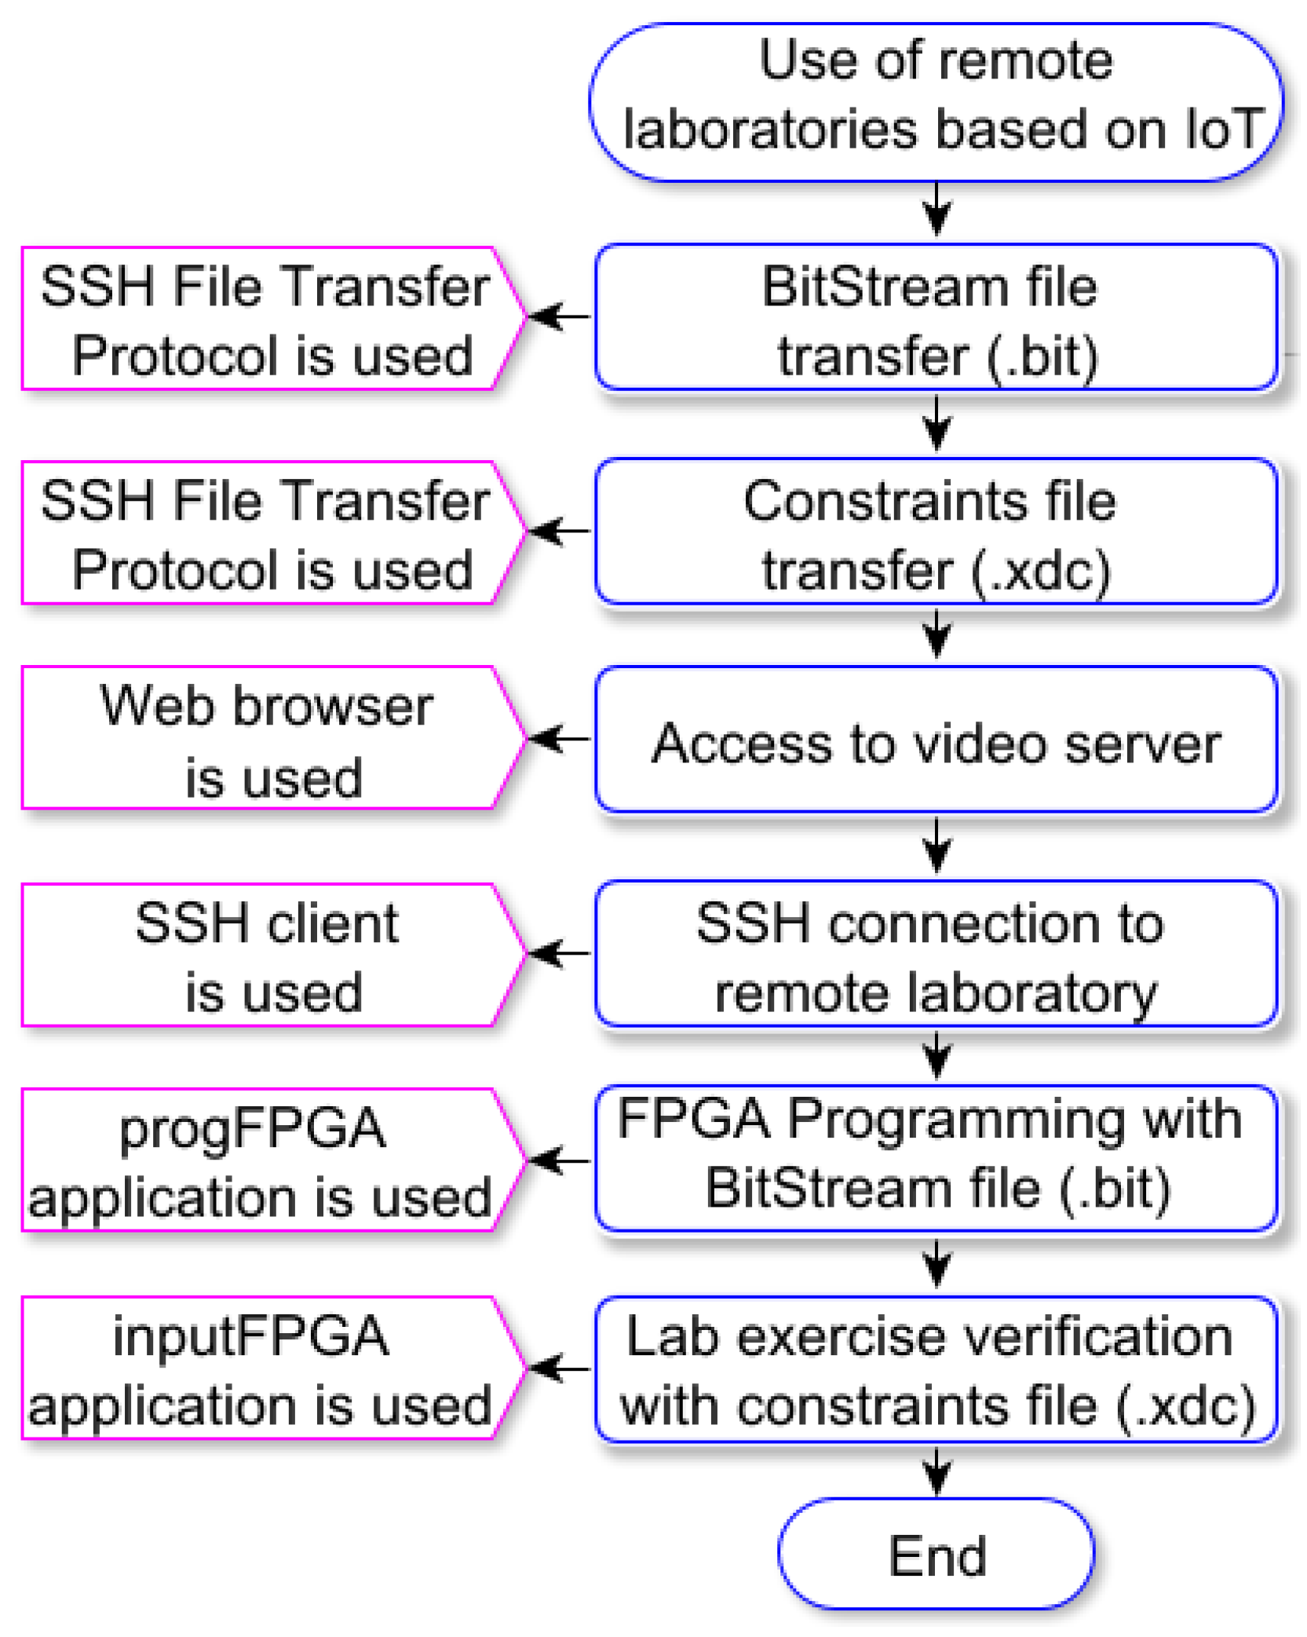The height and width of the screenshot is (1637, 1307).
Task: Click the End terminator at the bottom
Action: coord(936,1555)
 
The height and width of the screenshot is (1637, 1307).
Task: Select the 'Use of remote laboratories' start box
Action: coord(936,102)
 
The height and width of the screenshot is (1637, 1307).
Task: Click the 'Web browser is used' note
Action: coord(267,739)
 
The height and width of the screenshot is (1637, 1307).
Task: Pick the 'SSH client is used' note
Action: coord(267,955)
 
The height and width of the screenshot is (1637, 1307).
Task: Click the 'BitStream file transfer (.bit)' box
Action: coord(936,318)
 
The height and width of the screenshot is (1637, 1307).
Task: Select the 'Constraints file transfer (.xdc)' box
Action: coord(936,532)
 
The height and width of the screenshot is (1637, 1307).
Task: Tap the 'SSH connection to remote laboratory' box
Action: coord(936,955)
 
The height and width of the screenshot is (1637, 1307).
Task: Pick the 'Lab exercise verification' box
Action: coord(936,1370)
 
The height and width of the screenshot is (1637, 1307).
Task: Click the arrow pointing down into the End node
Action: coord(936,1471)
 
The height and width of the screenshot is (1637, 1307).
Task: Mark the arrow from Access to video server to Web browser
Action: coord(560,739)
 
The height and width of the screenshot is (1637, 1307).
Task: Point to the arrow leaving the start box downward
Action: coord(936,209)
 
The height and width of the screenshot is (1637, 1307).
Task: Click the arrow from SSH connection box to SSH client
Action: coord(560,954)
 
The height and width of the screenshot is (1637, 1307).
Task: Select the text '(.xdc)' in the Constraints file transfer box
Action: coord(1041,571)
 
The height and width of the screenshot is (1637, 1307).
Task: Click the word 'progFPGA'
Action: coord(253,1128)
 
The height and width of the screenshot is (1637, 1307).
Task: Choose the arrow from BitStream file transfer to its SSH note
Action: coord(560,316)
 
